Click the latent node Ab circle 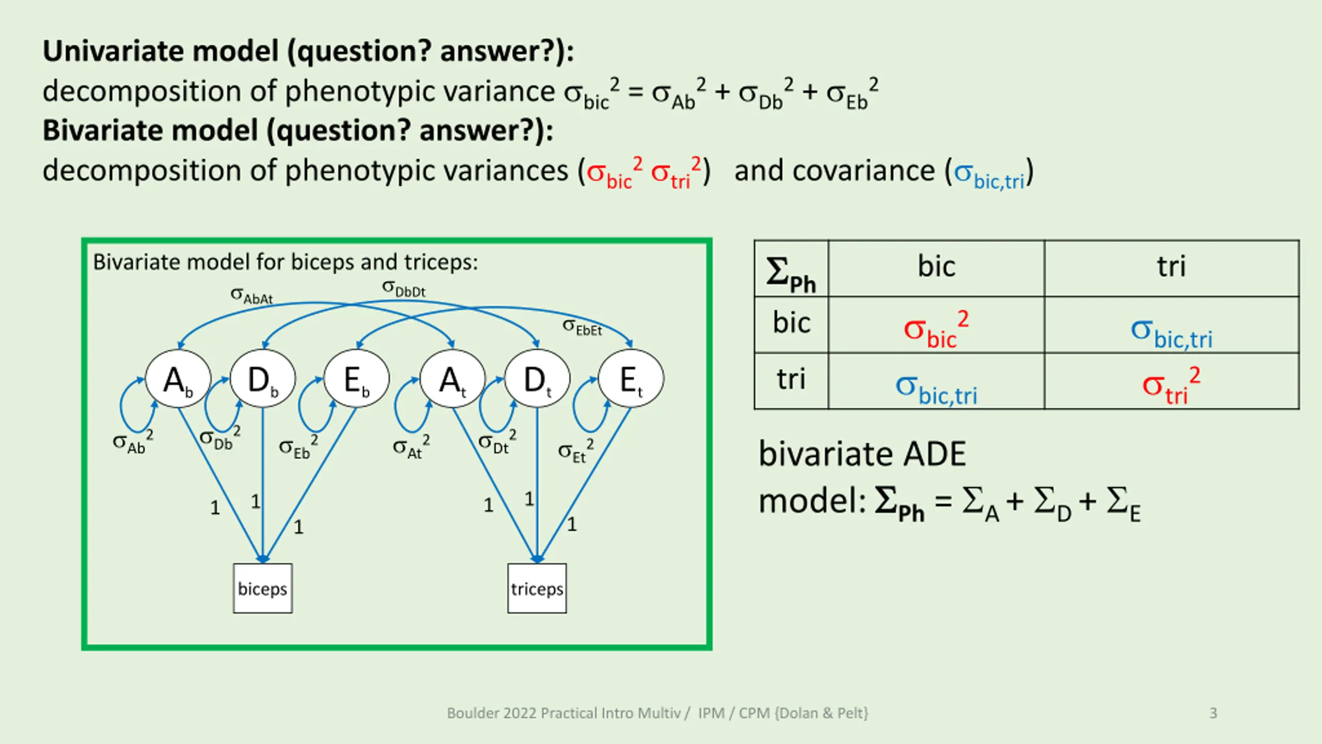(x=178, y=379)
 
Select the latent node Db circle (x=263, y=379)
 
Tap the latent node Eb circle (x=356, y=379)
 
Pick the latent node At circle (x=452, y=379)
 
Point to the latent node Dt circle (x=537, y=379)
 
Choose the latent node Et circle (x=631, y=379)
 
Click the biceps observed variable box (x=262, y=588)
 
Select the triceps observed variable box (x=537, y=588)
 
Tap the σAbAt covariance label (x=251, y=296)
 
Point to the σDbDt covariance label (x=403, y=288)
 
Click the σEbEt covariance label (x=582, y=327)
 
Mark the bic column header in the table (x=936, y=267)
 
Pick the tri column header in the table (x=1171, y=267)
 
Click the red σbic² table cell (x=936, y=329)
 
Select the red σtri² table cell (x=1171, y=386)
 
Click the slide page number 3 (x=1213, y=713)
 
